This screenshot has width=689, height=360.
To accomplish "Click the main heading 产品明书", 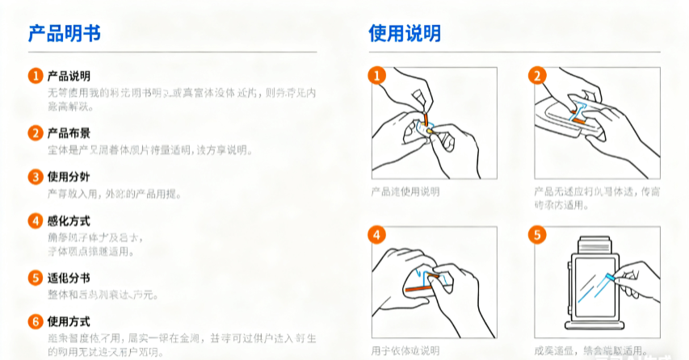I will (65, 33).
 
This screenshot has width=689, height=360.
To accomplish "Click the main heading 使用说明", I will (405, 33).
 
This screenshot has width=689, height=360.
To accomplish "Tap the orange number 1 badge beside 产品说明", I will (35, 76).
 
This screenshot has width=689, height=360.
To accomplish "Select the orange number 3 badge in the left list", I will (35, 177).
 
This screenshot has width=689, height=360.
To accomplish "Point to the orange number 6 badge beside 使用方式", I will (35, 321).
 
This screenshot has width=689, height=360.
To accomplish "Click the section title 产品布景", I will (69, 133).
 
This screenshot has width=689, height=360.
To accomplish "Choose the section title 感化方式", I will (69, 220).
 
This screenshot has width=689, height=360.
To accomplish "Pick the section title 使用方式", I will (69, 321).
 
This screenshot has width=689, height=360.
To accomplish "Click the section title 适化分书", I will (69, 278).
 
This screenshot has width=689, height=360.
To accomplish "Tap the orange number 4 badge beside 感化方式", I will (35, 220).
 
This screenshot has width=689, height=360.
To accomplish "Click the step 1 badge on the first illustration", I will (376, 76).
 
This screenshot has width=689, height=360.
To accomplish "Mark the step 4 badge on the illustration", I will (376, 236).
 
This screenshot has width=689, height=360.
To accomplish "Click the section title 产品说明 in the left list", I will (69, 76).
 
